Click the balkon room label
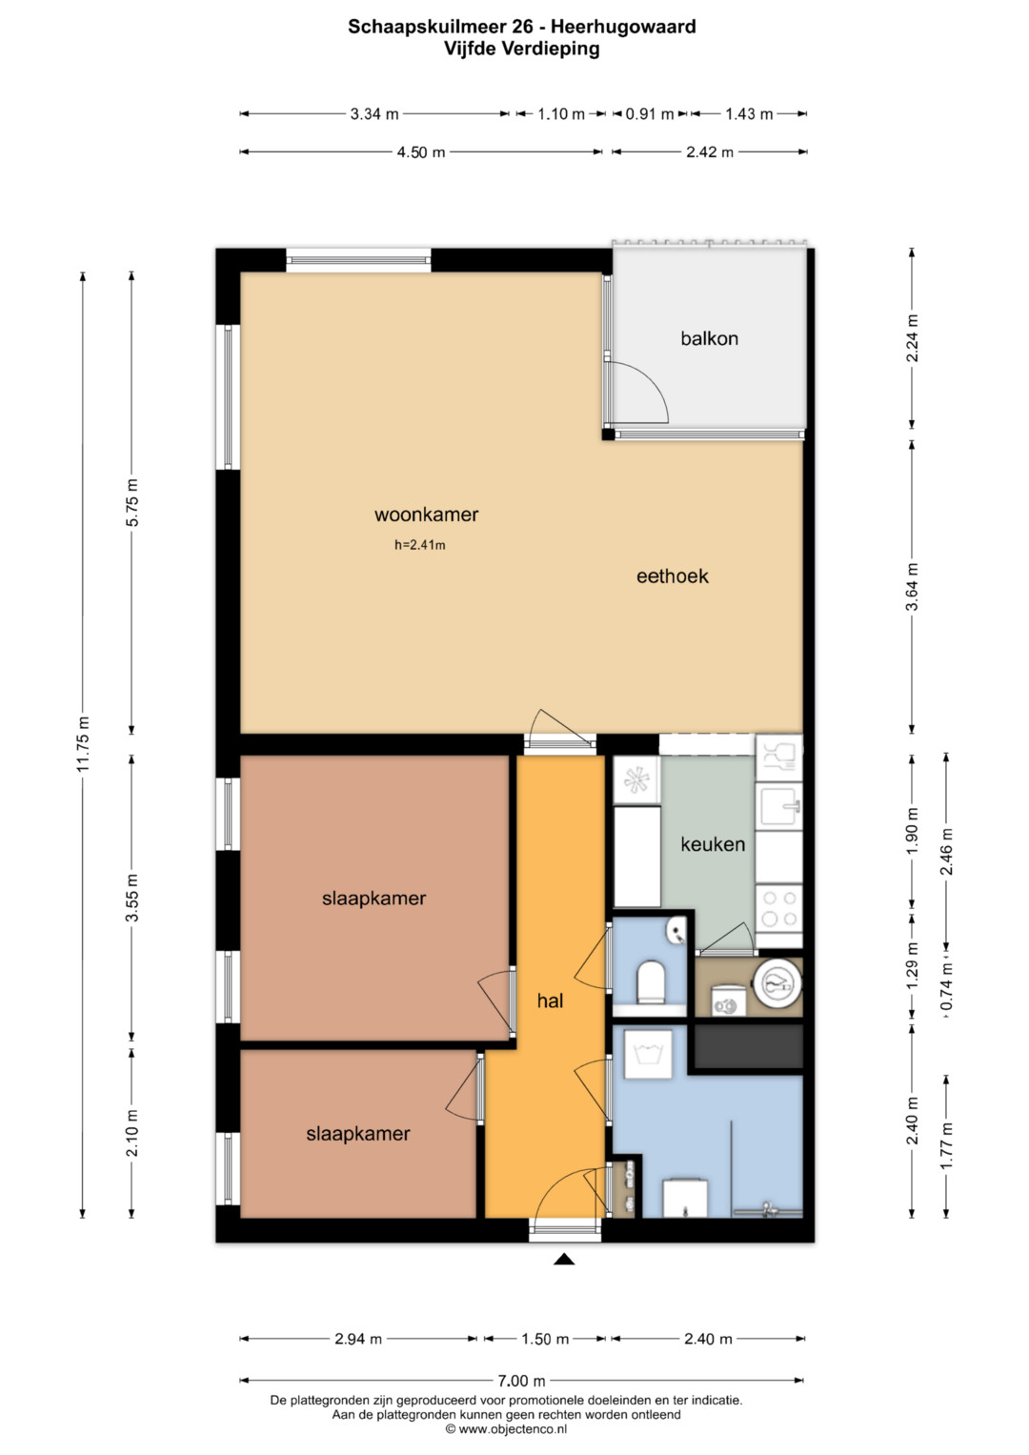tap(709, 338)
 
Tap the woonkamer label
tap(426, 515)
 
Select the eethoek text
tap(672, 576)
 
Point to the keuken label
tap(713, 844)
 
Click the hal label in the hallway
tap(550, 1000)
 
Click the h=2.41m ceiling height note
tap(419, 545)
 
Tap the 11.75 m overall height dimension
tap(83, 744)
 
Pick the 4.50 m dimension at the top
tap(421, 152)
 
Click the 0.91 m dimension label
tap(650, 114)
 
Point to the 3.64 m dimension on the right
tap(912, 587)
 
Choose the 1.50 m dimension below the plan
tap(545, 1339)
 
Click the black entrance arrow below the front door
tap(564, 1260)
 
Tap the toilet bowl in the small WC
tap(650, 981)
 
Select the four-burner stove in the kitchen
tap(779, 909)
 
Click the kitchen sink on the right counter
tap(779, 806)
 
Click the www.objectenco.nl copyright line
tap(506, 1429)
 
